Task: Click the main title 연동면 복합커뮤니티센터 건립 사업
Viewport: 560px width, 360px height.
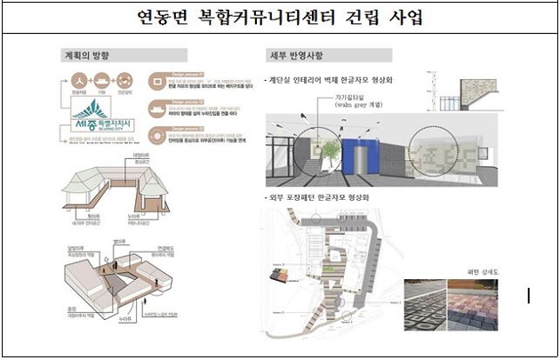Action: [280, 17]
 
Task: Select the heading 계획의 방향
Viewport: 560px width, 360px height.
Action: [87, 52]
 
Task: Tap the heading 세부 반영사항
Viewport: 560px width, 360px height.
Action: [294, 52]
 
